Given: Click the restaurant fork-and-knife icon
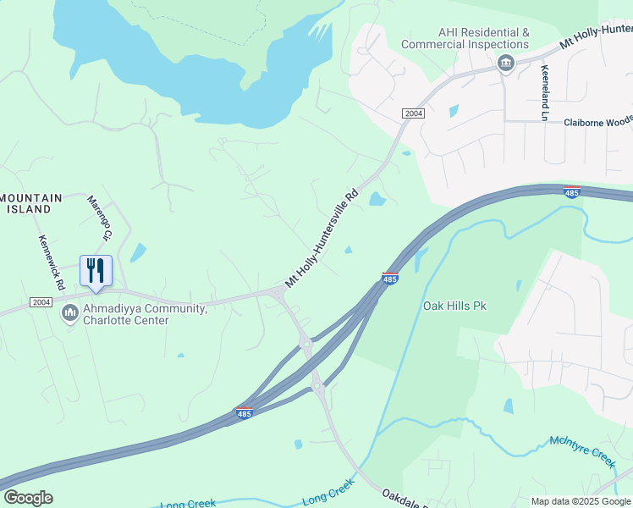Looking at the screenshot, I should pyautogui.click(x=96, y=271).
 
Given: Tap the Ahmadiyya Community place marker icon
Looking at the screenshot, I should pyautogui.click(x=70, y=314).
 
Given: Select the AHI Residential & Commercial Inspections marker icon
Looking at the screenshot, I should pyautogui.click(x=506, y=64).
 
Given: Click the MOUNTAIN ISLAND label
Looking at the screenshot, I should pyautogui.click(x=31, y=203).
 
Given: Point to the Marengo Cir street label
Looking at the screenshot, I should pyautogui.click(x=100, y=218).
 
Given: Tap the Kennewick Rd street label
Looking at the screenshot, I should pyautogui.click(x=50, y=263).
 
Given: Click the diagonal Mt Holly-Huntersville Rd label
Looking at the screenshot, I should pyautogui.click(x=322, y=238).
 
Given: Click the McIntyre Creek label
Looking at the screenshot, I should pyautogui.click(x=581, y=450).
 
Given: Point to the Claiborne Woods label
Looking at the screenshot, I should pyautogui.click(x=597, y=122).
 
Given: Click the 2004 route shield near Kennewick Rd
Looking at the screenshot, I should pyautogui.click(x=41, y=302).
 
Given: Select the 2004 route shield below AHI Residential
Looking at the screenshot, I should pyautogui.click(x=413, y=113).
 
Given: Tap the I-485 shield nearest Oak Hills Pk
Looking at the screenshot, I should pyautogui.click(x=390, y=278).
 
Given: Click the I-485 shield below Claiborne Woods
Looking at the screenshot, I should pyautogui.click(x=572, y=192).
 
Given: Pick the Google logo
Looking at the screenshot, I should pyautogui.click(x=28, y=498).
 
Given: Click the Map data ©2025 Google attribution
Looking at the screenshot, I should pyautogui.click(x=581, y=501).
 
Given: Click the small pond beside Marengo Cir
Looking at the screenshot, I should pyautogui.click(x=137, y=252).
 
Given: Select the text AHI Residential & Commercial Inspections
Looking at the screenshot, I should pyautogui.click(x=465, y=38).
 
